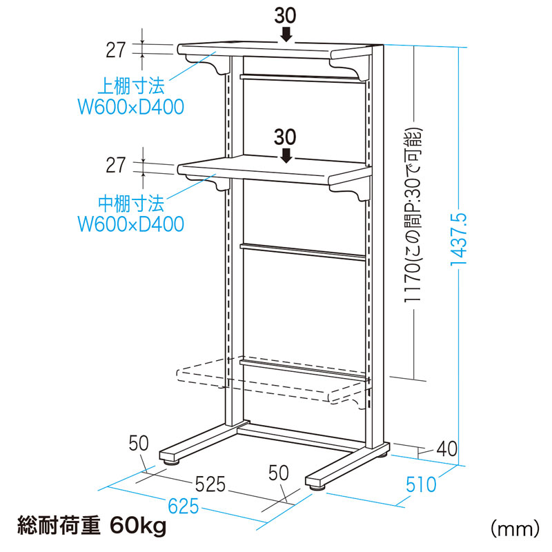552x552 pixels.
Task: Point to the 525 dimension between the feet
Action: [x=209, y=484]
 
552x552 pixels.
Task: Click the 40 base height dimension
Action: [x=447, y=448]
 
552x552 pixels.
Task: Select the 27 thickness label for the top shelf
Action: [x=117, y=49]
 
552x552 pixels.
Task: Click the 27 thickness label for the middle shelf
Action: [x=117, y=166]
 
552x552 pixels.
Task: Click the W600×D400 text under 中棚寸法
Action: [x=130, y=224]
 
